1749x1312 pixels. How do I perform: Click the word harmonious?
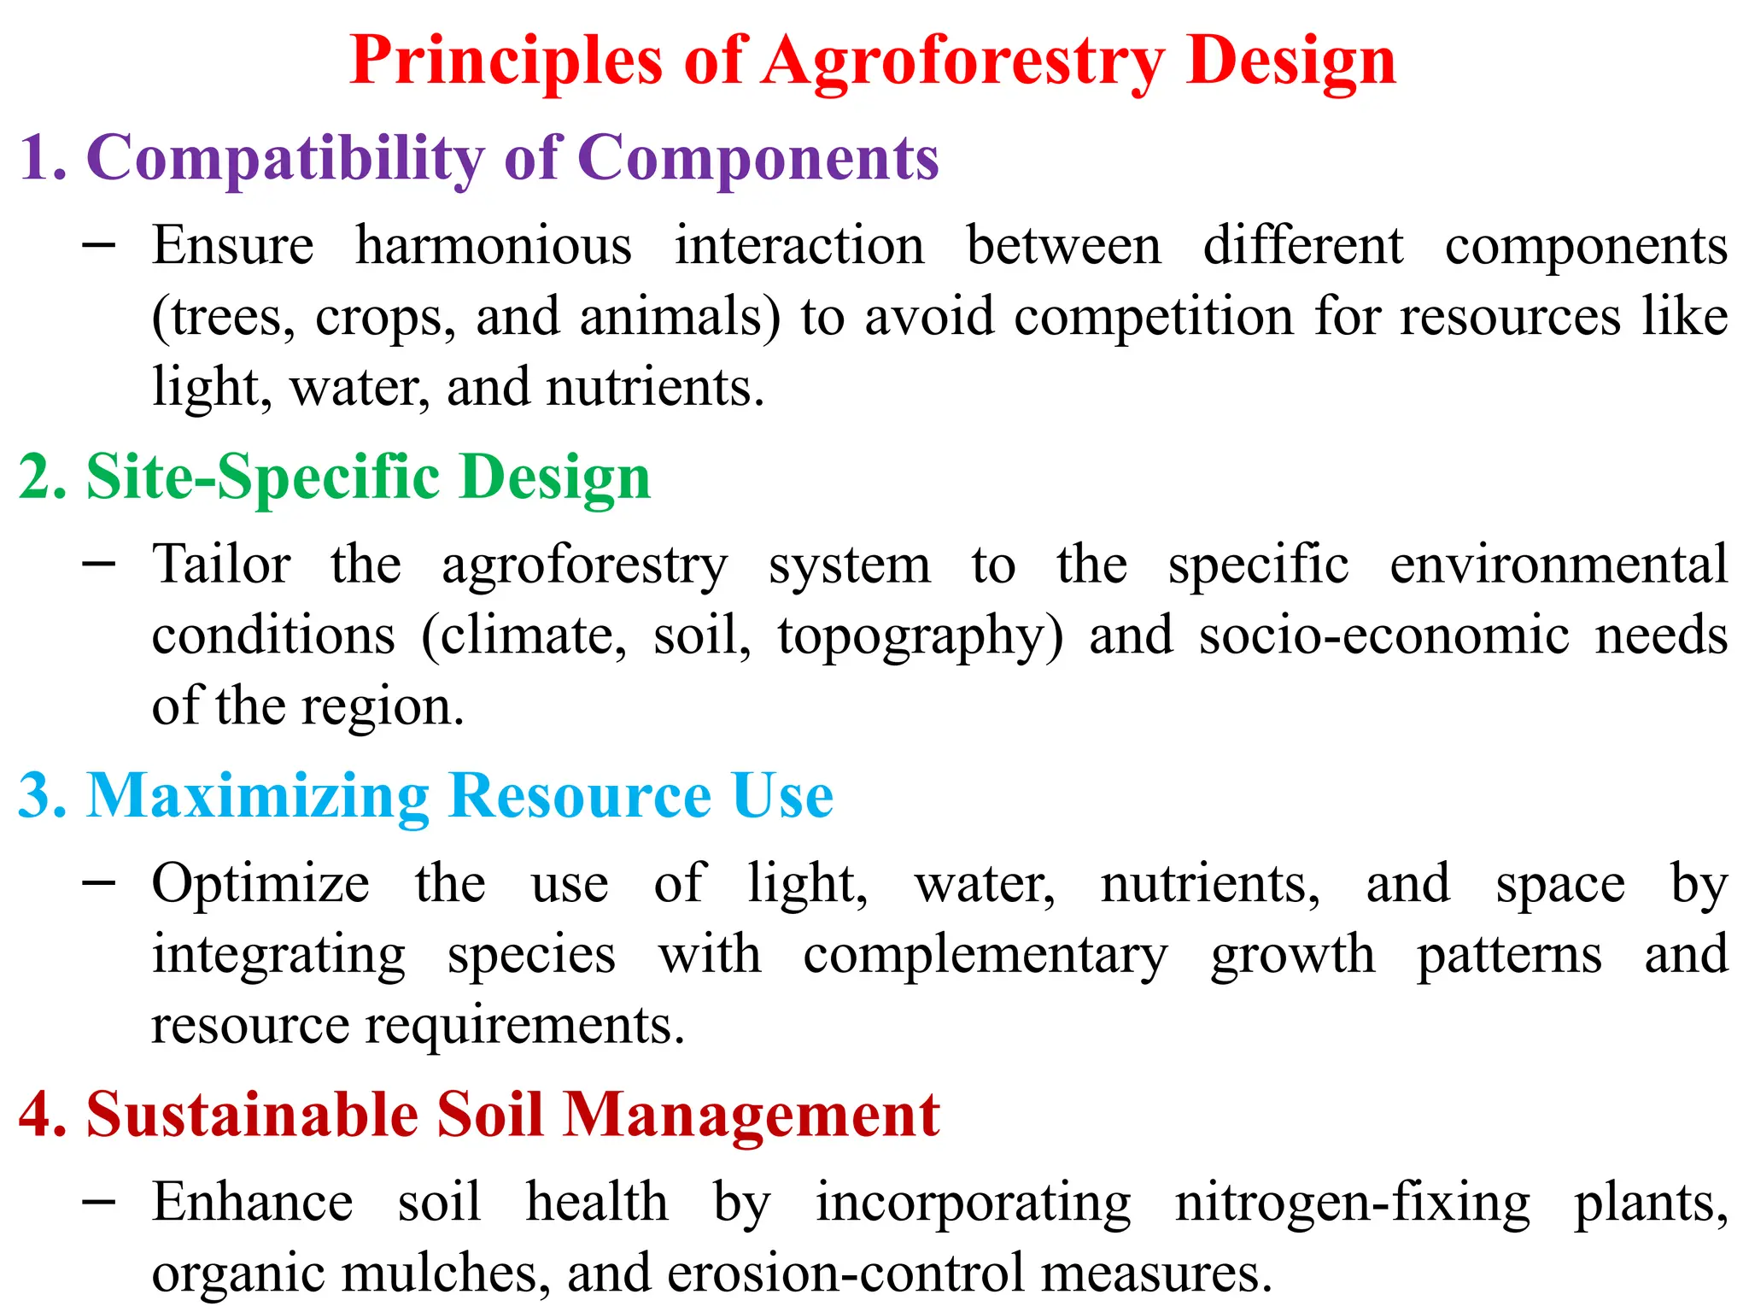point(494,246)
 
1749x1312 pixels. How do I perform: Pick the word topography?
point(920,636)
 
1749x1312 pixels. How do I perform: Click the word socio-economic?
point(1383,636)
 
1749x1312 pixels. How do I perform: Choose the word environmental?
point(1559,565)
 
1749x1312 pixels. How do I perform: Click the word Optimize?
point(260,884)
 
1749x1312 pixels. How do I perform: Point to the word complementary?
point(985,955)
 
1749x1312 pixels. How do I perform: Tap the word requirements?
point(524,1025)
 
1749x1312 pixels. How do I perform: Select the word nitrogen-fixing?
point(1353,1203)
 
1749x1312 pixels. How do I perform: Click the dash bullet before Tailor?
point(100,563)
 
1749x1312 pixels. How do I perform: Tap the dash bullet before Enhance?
point(100,1201)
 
